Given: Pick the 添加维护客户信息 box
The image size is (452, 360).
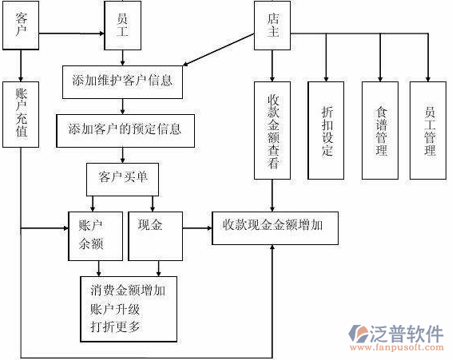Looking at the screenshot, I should (x=122, y=81).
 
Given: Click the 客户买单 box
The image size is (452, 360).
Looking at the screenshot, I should (x=122, y=178).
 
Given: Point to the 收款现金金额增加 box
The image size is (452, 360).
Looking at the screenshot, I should (x=273, y=227).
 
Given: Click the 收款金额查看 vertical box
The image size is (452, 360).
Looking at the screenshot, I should (x=273, y=129).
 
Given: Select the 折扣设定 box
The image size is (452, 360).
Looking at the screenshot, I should (x=326, y=129).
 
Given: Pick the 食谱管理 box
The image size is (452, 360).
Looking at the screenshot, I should (x=379, y=129).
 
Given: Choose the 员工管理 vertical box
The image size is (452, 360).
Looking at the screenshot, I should (x=429, y=129).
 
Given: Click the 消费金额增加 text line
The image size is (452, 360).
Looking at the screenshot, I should (x=129, y=291).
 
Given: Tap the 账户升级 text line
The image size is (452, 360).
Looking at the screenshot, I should (x=116, y=309).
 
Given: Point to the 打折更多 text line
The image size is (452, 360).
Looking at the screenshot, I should (x=116, y=327).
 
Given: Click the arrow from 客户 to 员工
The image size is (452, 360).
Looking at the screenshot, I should (x=72, y=34).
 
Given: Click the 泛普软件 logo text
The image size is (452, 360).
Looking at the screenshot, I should (x=407, y=334).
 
